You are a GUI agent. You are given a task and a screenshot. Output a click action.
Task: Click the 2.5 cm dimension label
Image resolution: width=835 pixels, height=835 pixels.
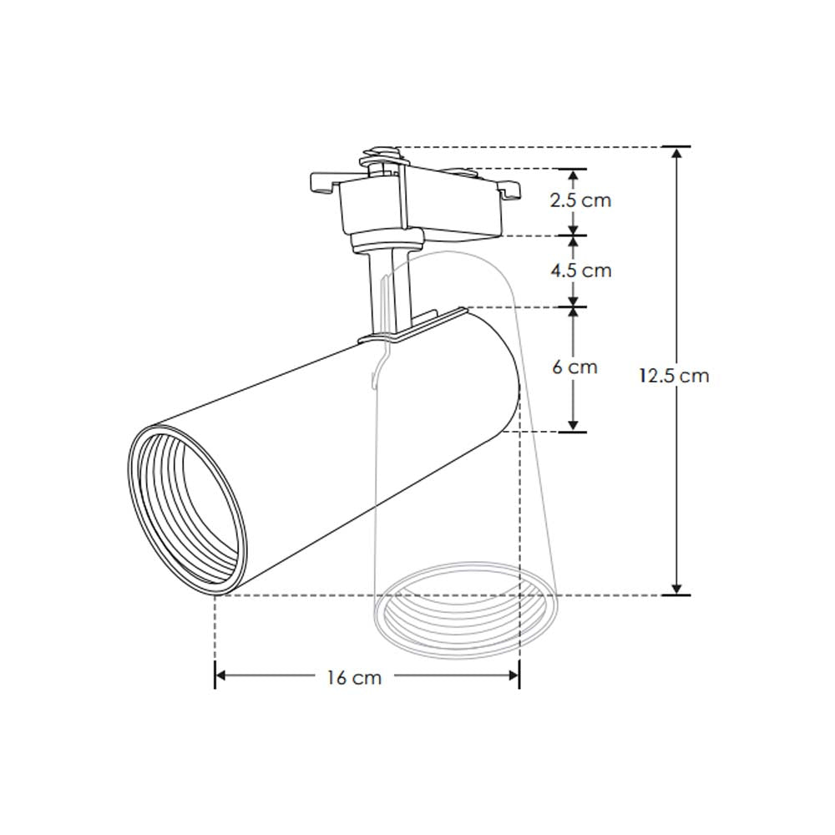click(x=580, y=200)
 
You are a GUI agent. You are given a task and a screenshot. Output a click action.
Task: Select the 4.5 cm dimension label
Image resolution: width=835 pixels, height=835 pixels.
click(x=580, y=270)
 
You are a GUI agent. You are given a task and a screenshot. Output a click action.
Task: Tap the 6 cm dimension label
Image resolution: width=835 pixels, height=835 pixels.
click(x=575, y=367)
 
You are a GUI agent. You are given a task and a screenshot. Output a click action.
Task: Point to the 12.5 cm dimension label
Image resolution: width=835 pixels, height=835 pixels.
click(x=675, y=375)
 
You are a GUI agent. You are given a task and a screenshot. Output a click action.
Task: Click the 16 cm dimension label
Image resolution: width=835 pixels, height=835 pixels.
click(x=354, y=677)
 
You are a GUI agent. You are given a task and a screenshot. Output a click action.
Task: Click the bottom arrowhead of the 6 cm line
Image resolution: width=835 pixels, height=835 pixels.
click(x=574, y=425)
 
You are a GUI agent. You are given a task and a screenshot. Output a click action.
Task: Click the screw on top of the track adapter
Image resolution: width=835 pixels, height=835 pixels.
click(x=381, y=154)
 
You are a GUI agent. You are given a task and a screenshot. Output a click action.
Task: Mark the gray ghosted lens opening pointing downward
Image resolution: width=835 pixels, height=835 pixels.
click(x=463, y=614)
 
